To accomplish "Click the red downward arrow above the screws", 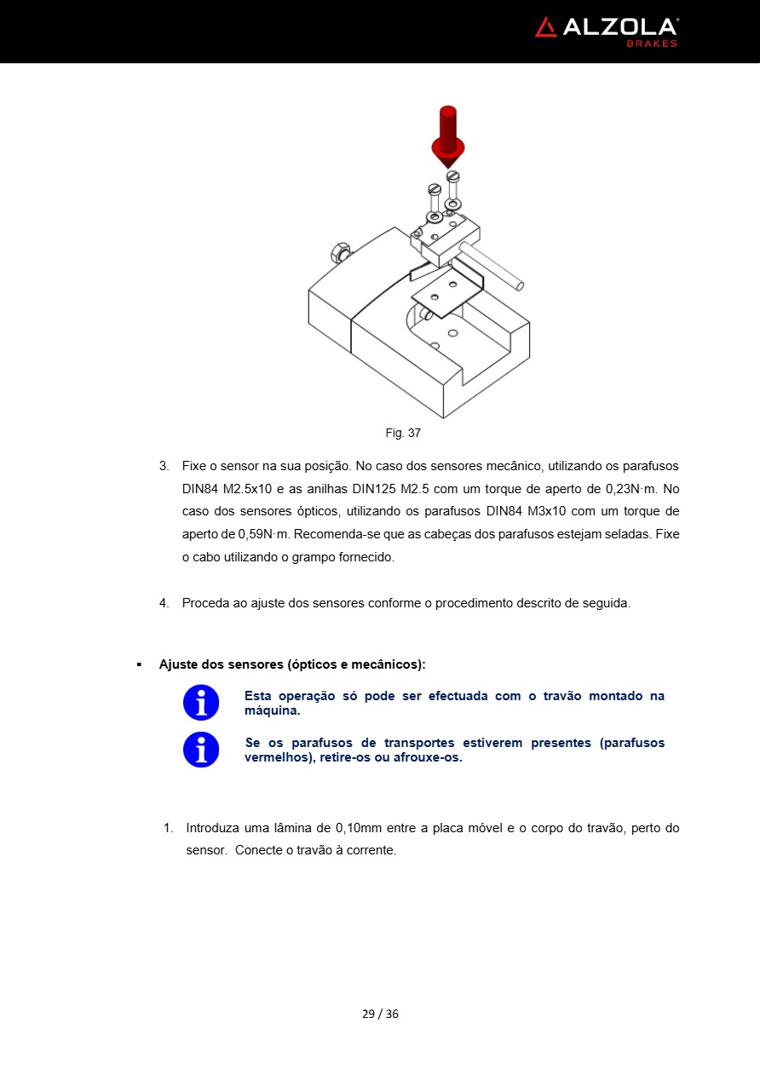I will [x=448, y=136].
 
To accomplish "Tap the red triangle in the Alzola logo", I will [x=545, y=27].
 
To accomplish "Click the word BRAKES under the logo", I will [x=652, y=43].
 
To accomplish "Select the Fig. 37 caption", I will [x=403, y=433].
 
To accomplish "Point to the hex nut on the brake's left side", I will [x=339, y=253].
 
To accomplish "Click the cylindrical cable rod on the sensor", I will [x=492, y=265].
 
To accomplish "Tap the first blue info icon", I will [x=201, y=703].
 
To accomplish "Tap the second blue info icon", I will [x=201, y=750].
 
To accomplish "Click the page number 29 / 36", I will [x=380, y=1014].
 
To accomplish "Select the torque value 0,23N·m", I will [x=631, y=489].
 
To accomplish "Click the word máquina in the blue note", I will [x=272, y=710].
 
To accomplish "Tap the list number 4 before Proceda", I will [x=164, y=603].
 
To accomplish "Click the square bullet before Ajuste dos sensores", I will [x=139, y=664].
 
